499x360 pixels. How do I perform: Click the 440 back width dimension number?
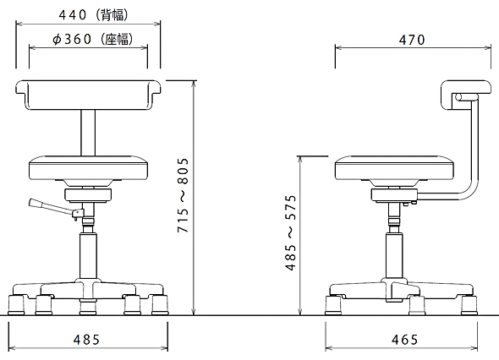click(x=73, y=15)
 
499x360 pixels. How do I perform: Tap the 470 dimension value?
click(x=412, y=40)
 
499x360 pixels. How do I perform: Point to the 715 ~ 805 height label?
click(x=184, y=195)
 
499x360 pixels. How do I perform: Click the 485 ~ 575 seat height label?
click(x=291, y=232)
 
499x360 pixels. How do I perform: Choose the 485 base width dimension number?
click(x=86, y=340)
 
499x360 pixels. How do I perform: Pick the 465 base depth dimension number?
click(x=404, y=340)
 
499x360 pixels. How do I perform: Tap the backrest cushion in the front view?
click(x=88, y=95)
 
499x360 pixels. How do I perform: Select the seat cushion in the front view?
click(x=88, y=167)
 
